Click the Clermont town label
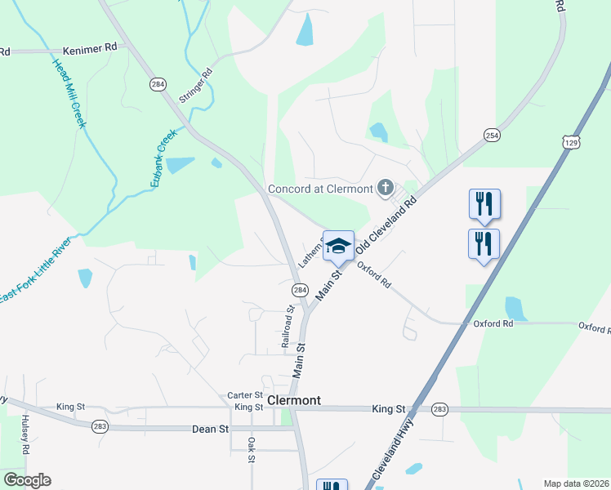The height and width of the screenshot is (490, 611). tap(294, 401)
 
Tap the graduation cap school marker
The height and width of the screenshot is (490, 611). tap(339, 245)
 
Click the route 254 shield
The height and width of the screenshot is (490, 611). tap(491, 135)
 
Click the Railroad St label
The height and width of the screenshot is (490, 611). tap(288, 327)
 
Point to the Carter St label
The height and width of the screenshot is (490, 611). tap(244, 395)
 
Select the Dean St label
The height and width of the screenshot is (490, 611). tap(209, 428)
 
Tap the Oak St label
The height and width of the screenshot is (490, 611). tap(252, 449)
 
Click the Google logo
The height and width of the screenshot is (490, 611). tap(27, 480)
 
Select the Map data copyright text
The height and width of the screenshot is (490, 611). tap(576, 483)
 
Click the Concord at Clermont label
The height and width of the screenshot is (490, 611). tap(320, 189)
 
